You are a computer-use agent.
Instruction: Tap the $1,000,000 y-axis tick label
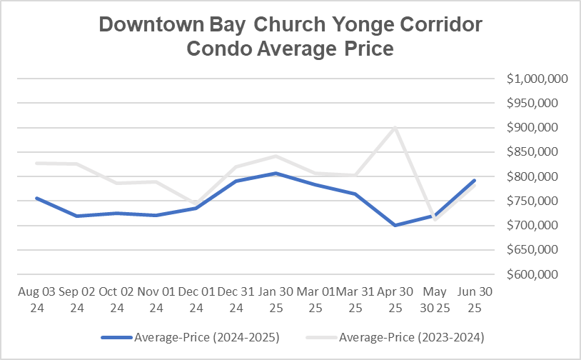pos(537,79)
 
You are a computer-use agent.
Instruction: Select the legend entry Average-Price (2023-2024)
pos(392,336)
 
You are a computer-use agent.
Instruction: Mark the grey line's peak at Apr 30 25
pos(394,128)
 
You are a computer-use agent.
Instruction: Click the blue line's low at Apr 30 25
pos(394,225)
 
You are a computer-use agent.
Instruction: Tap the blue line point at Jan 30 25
pos(275,173)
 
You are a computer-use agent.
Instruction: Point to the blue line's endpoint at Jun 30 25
pos(474,181)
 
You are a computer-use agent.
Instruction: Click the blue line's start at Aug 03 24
pos(36,198)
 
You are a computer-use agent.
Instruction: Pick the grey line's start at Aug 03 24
pos(36,163)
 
